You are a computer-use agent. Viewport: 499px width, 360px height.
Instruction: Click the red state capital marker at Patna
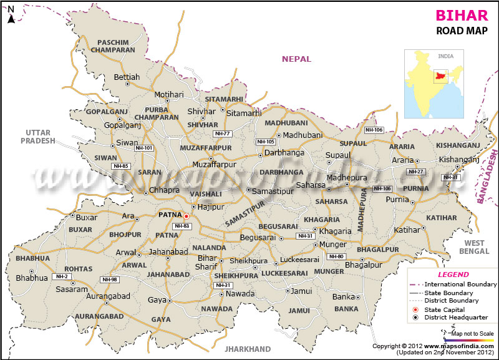point(186,216)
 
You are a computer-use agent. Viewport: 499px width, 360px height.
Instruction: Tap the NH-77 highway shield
point(222,134)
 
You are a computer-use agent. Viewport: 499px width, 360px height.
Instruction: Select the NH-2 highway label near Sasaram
point(62,276)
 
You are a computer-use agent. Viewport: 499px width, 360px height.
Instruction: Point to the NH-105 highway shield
point(266,142)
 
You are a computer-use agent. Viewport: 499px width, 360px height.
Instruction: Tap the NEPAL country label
point(296,59)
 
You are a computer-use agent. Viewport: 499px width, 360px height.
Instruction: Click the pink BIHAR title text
point(458,16)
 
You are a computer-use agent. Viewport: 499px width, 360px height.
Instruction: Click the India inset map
point(437,84)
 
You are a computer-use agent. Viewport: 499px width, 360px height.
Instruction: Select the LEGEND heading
point(453,275)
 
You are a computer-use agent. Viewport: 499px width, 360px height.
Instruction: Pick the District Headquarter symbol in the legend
point(415,318)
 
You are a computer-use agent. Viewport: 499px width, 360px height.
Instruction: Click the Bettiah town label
point(127,77)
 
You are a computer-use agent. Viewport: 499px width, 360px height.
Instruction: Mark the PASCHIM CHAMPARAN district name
point(112,46)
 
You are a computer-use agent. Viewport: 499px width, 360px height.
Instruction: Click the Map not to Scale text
point(472,334)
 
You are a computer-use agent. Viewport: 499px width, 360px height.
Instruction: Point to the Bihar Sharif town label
point(207,261)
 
